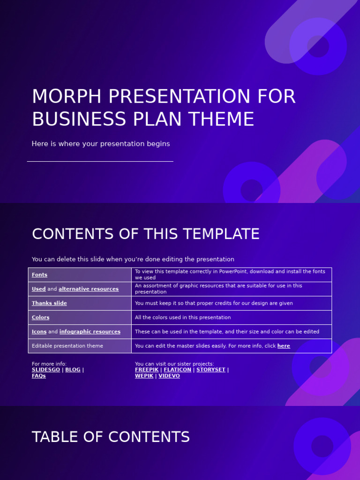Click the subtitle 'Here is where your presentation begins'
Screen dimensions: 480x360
[x=101, y=144]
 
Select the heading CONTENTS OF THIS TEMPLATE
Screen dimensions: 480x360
[x=145, y=234]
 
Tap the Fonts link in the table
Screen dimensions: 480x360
[x=39, y=275]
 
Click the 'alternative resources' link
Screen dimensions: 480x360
[x=89, y=289]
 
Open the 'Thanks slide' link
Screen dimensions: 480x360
[x=49, y=303]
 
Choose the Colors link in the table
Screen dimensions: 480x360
[x=40, y=317]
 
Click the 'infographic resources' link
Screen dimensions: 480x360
[x=90, y=331]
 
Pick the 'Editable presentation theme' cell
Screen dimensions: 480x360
[x=67, y=346]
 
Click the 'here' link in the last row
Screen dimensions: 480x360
[x=284, y=346]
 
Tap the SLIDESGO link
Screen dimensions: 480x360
[x=46, y=370]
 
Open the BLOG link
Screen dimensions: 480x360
[x=73, y=370]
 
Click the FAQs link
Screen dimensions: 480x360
[x=39, y=376]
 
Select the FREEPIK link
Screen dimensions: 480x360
[x=146, y=370]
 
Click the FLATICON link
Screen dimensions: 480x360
[x=177, y=370]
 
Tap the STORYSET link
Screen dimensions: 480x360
[x=210, y=370]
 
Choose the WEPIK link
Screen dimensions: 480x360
[x=144, y=376]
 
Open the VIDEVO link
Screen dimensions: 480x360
[x=169, y=376]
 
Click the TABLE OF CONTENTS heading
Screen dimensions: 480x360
[x=111, y=437]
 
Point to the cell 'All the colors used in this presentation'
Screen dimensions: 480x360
[x=183, y=317]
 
